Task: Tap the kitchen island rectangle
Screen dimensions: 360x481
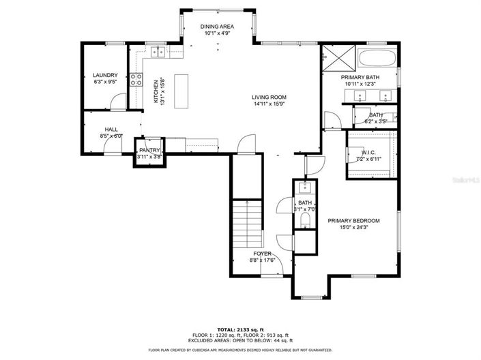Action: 181,91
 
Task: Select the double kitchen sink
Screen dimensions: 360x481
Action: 158,50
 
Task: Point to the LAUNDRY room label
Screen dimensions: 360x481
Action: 105,75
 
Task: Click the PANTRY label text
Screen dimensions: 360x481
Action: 149,150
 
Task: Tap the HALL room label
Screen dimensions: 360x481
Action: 111,129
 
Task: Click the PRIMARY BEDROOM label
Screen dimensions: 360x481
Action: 353,220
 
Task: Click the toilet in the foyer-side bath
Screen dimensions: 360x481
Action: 304,220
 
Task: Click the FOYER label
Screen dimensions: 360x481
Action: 263,253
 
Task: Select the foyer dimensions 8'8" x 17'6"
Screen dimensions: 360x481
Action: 263,260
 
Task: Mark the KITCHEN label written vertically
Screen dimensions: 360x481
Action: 156,90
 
